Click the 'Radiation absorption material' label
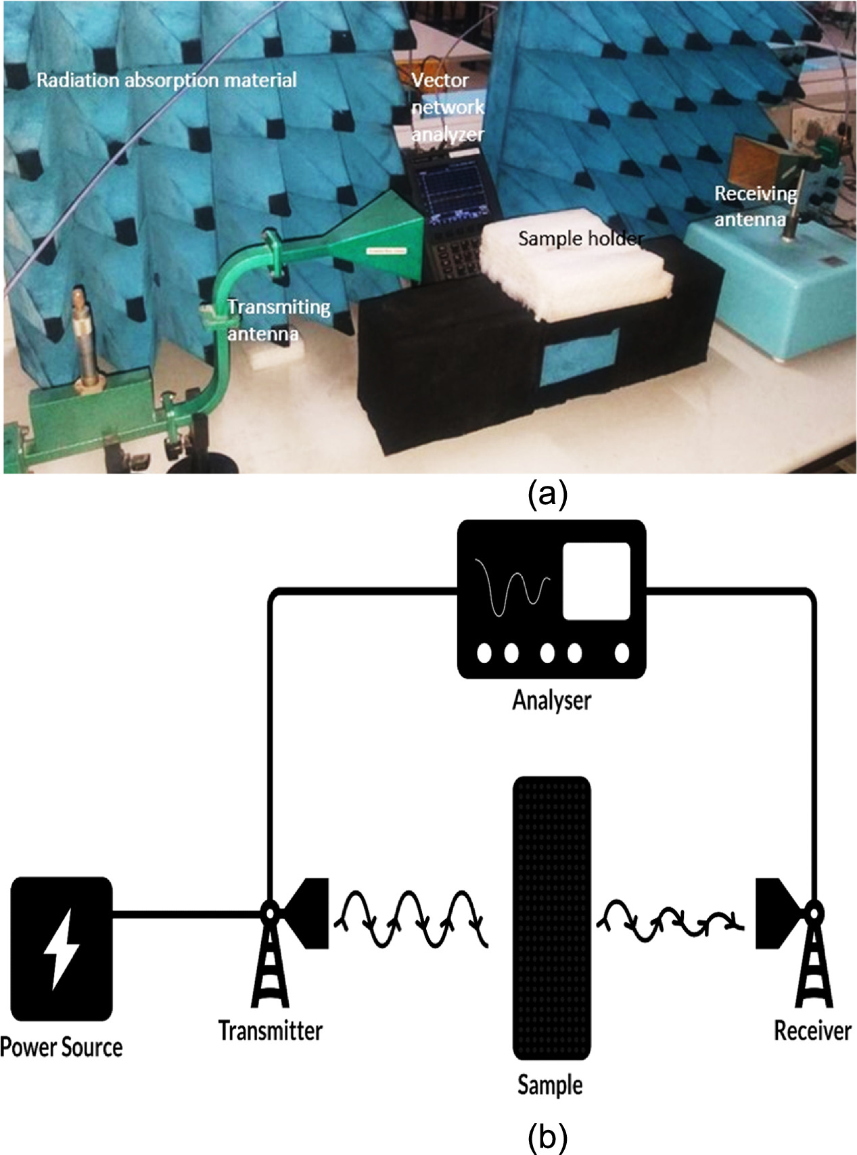click(166, 81)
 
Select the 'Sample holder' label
click(580, 238)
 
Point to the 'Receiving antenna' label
click(756, 206)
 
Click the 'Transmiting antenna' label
click(277, 319)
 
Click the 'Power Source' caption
click(62, 1047)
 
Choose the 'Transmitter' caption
click(271, 1031)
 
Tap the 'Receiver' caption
click(812, 1031)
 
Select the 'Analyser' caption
click(551, 700)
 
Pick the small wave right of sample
click(670, 920)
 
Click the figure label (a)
click(547, 495)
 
